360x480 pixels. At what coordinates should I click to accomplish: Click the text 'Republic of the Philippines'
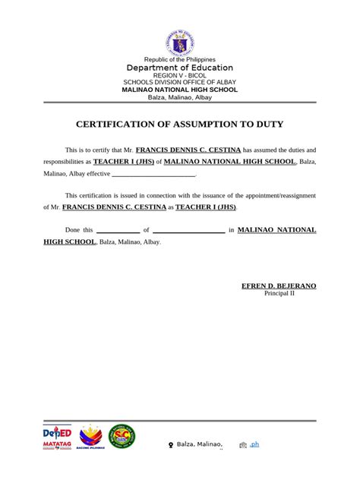click(180, 59)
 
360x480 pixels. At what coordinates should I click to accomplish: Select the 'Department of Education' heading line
click(180, 68)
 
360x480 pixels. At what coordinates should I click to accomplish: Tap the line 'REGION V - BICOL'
click(180, 76)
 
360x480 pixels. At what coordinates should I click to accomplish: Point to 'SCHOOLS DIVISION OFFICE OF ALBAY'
click(180, 83)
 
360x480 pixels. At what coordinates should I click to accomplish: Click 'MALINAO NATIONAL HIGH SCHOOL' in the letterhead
click(180, 90)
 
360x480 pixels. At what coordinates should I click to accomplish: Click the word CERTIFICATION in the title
click(121, 124)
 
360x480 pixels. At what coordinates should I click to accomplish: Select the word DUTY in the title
click(267, 124)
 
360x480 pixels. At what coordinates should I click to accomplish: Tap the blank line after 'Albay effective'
click(153, 174)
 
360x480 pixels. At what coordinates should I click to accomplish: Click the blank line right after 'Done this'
click(118, 230)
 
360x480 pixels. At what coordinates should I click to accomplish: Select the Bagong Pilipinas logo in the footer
click(90, 437)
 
